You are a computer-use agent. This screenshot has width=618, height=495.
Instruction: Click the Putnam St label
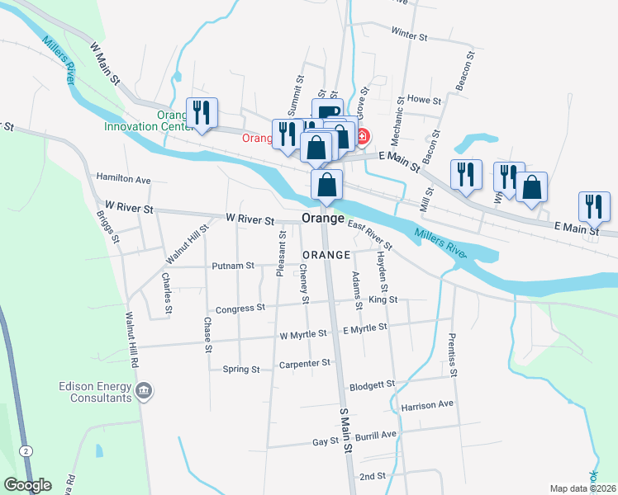(x=232, y=266)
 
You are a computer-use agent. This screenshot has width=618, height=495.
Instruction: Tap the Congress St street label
(x=240, y=309)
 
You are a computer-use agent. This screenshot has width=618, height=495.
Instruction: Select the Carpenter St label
(x=304, y=363)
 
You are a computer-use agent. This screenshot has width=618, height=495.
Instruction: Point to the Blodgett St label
(x=373, y=384)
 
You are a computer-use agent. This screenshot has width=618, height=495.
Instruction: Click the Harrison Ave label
(x=428, y=405)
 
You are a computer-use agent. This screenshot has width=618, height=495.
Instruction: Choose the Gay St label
(x=326, y=442)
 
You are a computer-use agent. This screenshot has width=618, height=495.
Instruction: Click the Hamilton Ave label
(x=123, y=178)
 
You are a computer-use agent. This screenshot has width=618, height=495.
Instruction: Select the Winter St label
(x=409, y=36)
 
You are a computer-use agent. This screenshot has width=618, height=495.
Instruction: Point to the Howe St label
(x=425, y=100)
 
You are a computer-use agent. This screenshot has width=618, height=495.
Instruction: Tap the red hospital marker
(x=362, y=135)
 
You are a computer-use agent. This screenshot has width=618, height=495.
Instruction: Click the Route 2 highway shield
(x=26, y=450)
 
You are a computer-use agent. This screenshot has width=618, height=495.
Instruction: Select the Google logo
(x=27, y=486)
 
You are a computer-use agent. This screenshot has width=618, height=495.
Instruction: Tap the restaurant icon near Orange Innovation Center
(x=202, y=112)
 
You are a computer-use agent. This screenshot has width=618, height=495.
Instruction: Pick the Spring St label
(x=241, y=370)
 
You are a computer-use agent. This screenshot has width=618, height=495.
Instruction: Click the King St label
(x=384, y=299)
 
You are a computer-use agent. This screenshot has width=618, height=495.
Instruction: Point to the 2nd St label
(x=373, y=477)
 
